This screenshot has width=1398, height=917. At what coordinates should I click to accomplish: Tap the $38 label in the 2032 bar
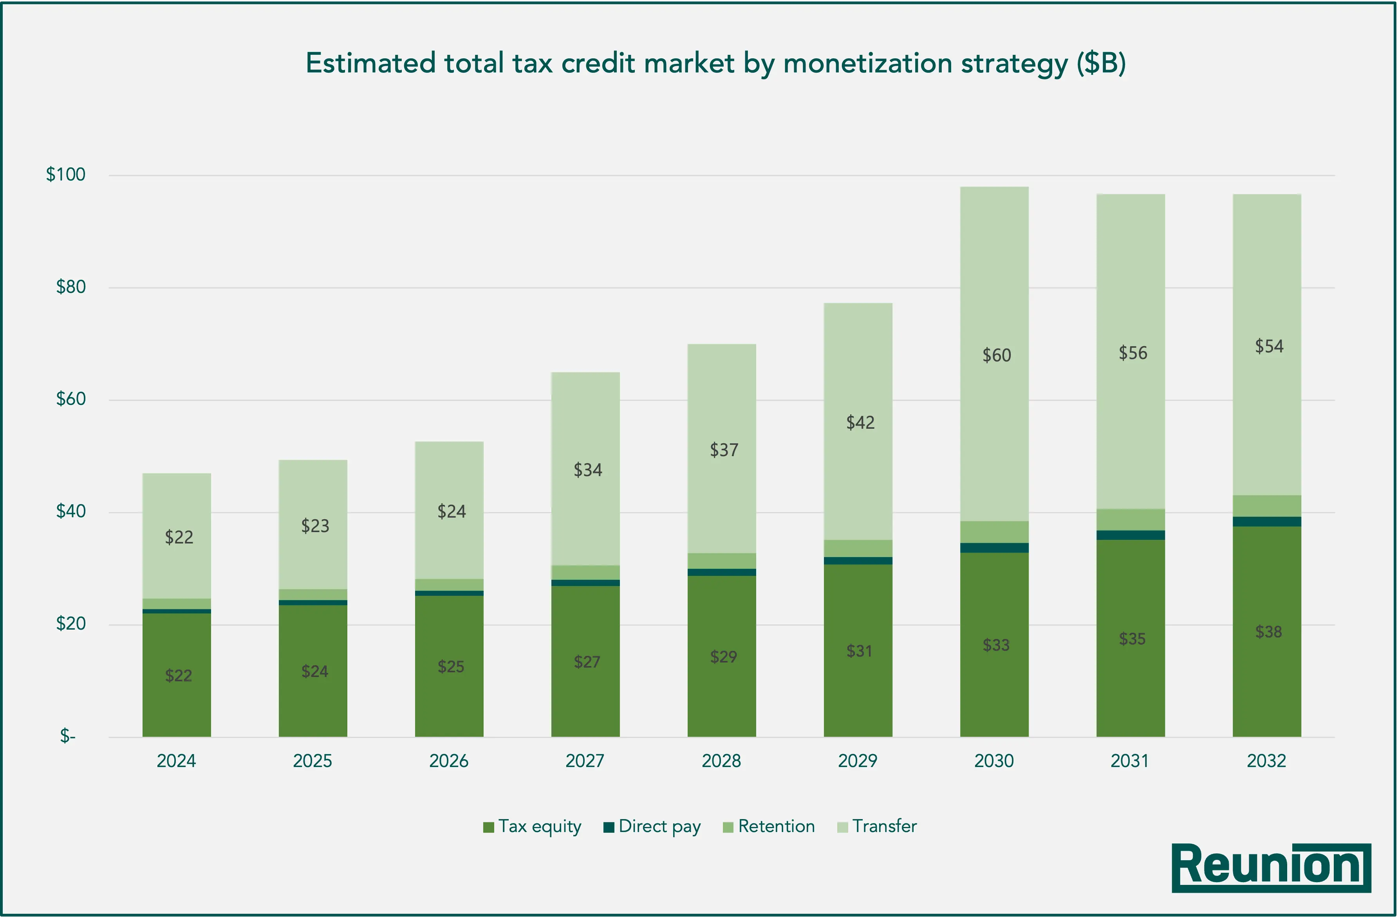point(1268,632)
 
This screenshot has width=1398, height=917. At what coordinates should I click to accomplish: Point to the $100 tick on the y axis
point(66,175)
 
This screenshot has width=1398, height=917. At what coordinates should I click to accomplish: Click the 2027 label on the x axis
point(584,761)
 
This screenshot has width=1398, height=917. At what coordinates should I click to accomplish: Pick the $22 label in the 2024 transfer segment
point(179,537)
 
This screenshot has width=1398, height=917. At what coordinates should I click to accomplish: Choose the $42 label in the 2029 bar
point(860,422)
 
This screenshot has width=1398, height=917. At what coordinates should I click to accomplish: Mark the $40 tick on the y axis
point(70,511)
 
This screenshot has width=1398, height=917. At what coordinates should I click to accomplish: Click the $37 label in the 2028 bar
point(724,450)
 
